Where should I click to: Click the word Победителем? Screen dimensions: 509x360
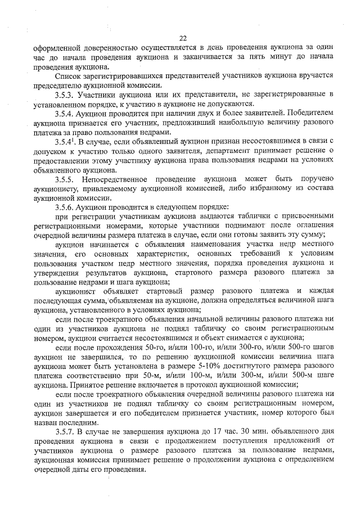pyautogui.click(x=309, y=112)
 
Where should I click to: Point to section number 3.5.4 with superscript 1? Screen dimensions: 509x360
pyautogui.click(x=66, y=141)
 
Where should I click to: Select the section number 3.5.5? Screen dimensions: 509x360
pyautogui.click(x=65, y=178)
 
